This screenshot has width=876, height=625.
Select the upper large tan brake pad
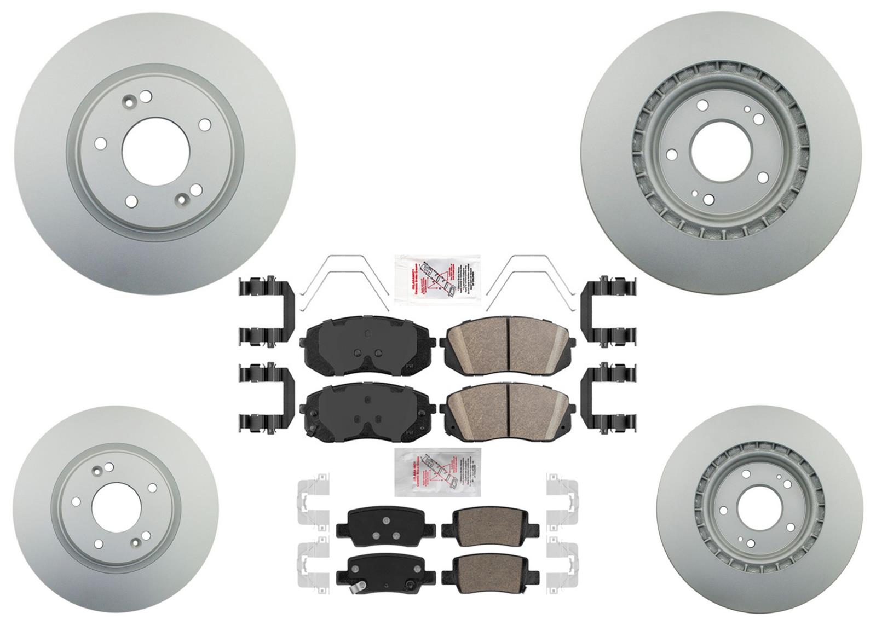(506, 344)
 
